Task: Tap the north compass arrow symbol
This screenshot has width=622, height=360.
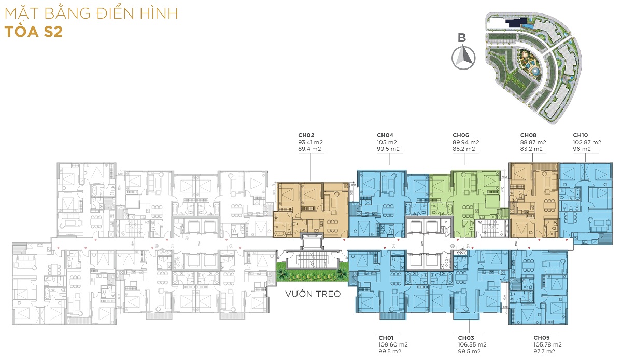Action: click(x=465, y=58)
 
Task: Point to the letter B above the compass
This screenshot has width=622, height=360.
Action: click(x=462, y=37)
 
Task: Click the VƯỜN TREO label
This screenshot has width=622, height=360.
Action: click(x=313, y=294)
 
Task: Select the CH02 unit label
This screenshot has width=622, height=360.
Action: click(x=306, y=135)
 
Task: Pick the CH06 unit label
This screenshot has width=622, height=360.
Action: click(x=461, y=135)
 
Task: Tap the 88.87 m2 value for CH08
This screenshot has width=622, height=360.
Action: click(x=533, y=142)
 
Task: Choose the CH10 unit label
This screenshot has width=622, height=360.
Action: click(x=581, y=135)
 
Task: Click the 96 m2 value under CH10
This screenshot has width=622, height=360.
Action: click(x=582, y=149)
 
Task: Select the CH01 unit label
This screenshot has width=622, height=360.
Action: click(x=387, y=337)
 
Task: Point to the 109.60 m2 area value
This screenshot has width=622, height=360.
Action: click(x=392, y=344)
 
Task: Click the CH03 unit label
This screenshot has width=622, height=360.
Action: click(x=465, y=337)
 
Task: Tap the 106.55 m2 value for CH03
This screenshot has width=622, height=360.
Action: click(x=472, y=344)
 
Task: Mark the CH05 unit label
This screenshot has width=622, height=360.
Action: click(x=541, y=337)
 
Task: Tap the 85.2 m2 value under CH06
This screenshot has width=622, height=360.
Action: click(x=464, y=149)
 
